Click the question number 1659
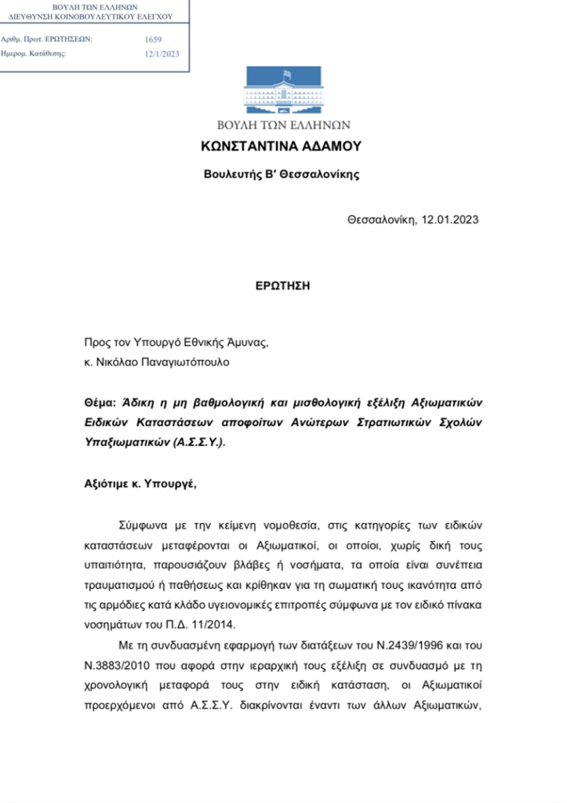coord(154,38)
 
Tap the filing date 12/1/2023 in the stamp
coord(162,54)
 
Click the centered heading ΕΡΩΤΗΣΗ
coord(282,285)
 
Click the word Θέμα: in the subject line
coord(100,402)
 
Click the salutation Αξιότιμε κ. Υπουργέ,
coord(141,483)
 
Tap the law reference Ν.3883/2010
coord(117,665)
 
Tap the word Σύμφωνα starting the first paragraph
coord(147,522)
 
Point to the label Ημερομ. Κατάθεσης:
coord(35,53)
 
